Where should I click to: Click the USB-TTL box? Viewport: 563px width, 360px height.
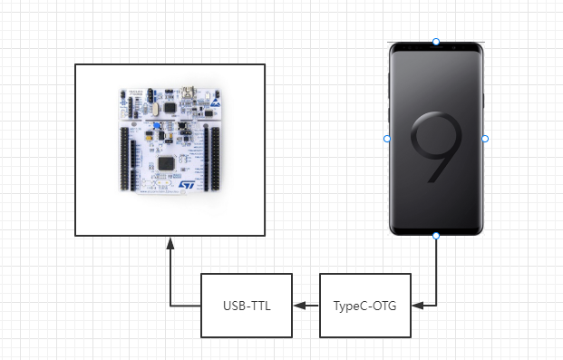point(246,306)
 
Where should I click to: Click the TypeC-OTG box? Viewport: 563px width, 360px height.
point(364,306)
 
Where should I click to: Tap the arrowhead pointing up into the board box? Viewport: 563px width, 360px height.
point(170,243)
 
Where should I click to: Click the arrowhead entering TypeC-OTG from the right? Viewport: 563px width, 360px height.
point(415,306)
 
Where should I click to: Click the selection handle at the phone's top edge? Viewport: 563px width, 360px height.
point(436,42)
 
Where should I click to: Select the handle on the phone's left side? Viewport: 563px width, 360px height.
point(387,139)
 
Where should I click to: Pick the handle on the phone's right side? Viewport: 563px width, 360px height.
point(485,139)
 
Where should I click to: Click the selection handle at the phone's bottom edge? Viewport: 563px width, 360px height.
point(436,236)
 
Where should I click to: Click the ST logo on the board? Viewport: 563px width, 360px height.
point(187,183)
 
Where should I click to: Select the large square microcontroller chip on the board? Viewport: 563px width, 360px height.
point(167,161)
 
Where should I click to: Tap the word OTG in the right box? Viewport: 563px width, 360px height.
point(383,306)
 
